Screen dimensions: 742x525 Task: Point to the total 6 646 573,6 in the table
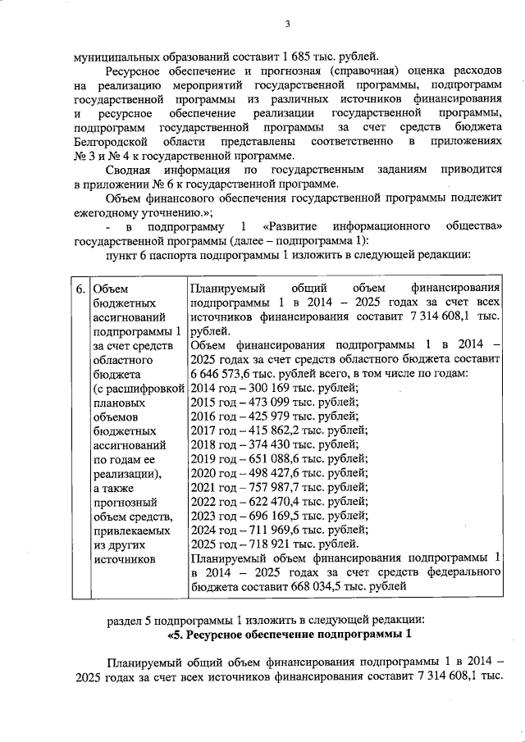(225, 374)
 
